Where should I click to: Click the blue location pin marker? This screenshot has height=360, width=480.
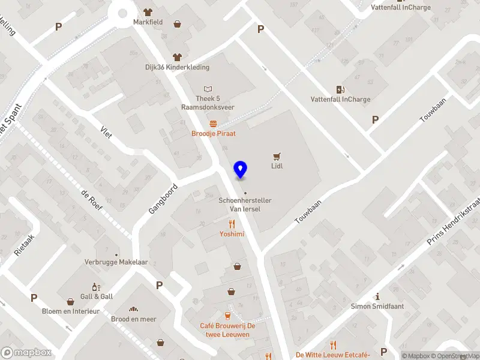pos(241,170)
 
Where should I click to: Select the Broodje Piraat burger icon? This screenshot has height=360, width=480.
pos(213,124)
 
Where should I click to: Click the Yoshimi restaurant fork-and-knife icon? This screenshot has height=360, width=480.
pos(231,224)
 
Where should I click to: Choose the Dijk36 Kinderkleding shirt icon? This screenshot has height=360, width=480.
pos(177,57)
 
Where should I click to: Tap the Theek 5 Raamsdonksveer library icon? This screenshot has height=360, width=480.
pos(208,89)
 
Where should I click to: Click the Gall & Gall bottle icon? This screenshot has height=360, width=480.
pos(96,287)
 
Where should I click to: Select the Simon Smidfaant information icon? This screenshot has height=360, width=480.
pos(377,296)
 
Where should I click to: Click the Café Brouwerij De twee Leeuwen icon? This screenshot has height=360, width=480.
pos(227,316)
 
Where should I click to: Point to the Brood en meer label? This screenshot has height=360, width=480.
pos(134,319)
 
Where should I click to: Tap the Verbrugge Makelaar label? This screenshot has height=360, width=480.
pos(116,262)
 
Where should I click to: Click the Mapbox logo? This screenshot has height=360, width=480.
pos(26,353)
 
